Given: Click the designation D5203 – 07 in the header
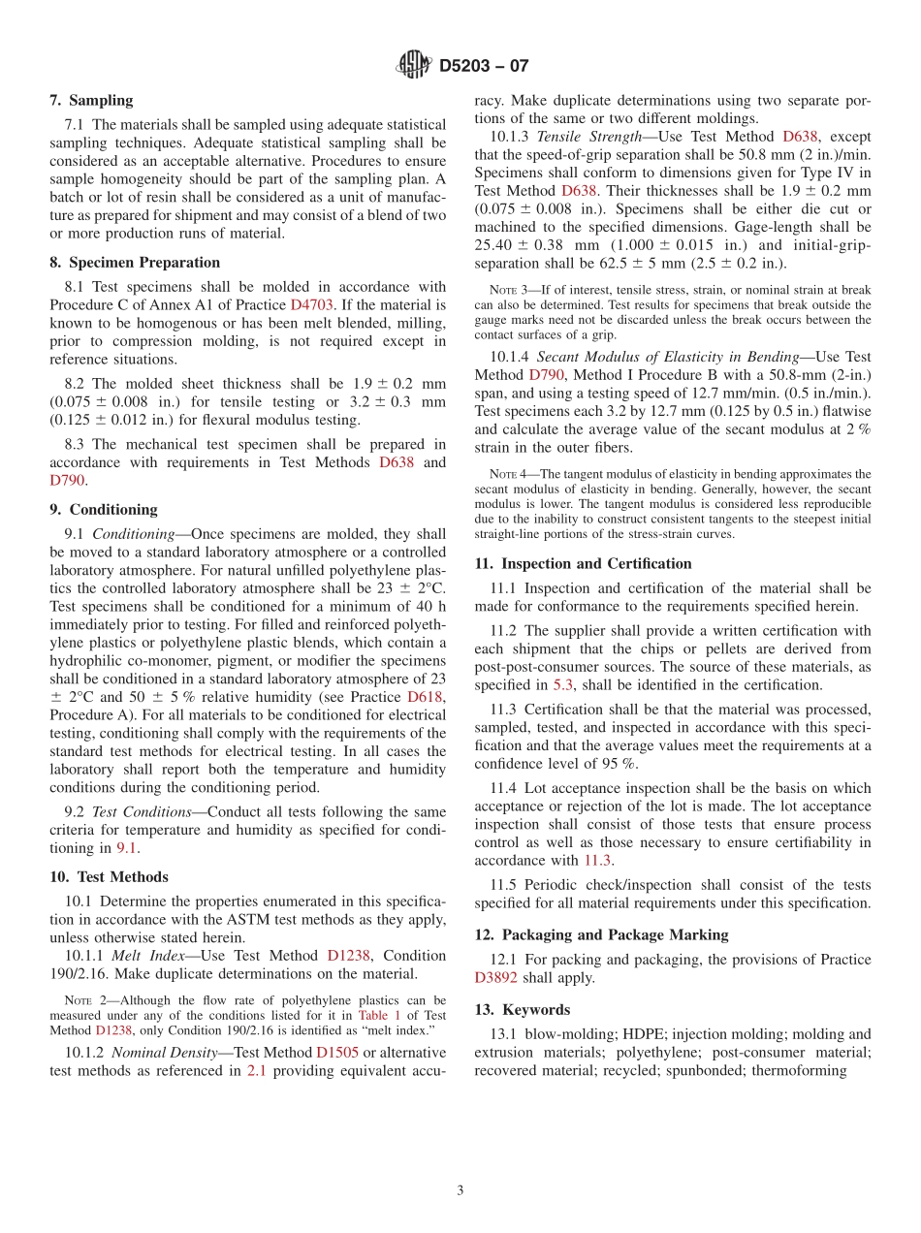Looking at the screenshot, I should click(x=484, y=66).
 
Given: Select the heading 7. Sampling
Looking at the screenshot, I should click(x=91, y=100).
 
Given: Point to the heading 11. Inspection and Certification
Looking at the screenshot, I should click(x=583, y=563).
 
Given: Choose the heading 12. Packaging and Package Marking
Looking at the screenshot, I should click(x=601, y=934).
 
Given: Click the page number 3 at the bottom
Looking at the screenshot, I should click(x=460, y=1190).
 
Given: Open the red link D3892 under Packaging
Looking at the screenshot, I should click(x=499, y=977).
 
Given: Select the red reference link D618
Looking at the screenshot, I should click(x=426, y=696).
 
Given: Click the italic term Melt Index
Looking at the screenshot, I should click(x=144, y=955).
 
